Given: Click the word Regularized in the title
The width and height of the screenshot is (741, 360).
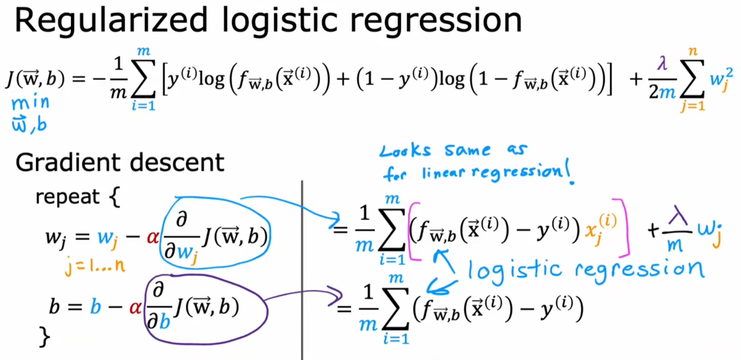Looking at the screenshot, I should (x=111, y=20).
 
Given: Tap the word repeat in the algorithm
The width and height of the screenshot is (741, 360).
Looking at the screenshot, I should (x=67, y=197).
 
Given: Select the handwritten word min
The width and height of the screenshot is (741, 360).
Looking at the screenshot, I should (x=30, y=103).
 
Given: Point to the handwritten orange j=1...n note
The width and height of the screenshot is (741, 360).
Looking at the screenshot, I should (x=95, y=266).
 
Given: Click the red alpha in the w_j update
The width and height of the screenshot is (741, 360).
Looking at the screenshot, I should (x=152, y=237).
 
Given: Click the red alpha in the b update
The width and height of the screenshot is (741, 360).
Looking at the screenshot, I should (x=135, y=308).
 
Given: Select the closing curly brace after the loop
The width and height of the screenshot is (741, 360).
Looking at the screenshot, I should (x=44, y=337).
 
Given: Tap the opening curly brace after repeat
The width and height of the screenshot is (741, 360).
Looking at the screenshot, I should (x=115, y=197).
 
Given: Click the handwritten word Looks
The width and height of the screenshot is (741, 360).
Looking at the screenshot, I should (x=405, y=151).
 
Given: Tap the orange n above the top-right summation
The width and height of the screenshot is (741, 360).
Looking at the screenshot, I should (x=692, y=51).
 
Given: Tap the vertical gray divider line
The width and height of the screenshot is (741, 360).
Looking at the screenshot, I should (x=302, y=270).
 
